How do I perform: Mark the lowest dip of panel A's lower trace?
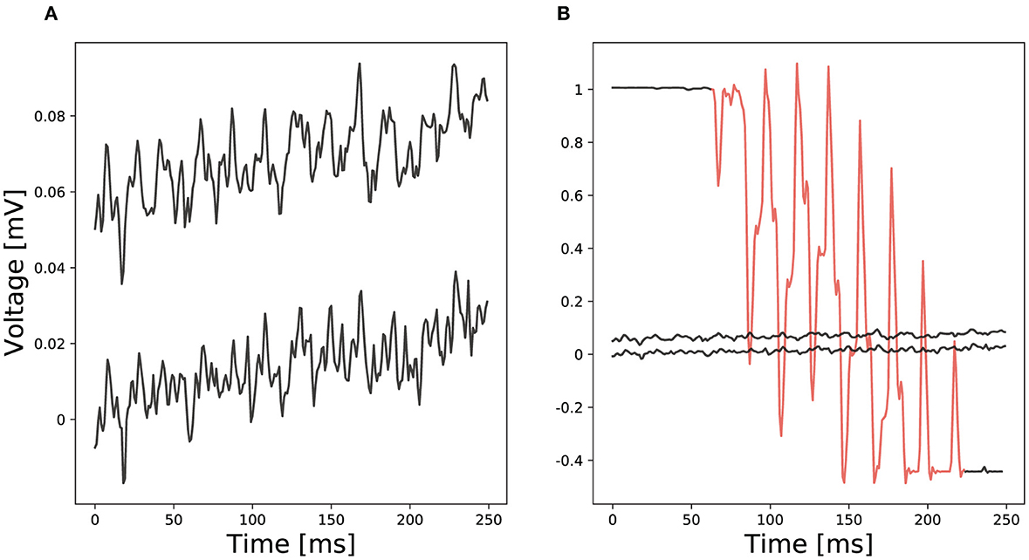(124, 481)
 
